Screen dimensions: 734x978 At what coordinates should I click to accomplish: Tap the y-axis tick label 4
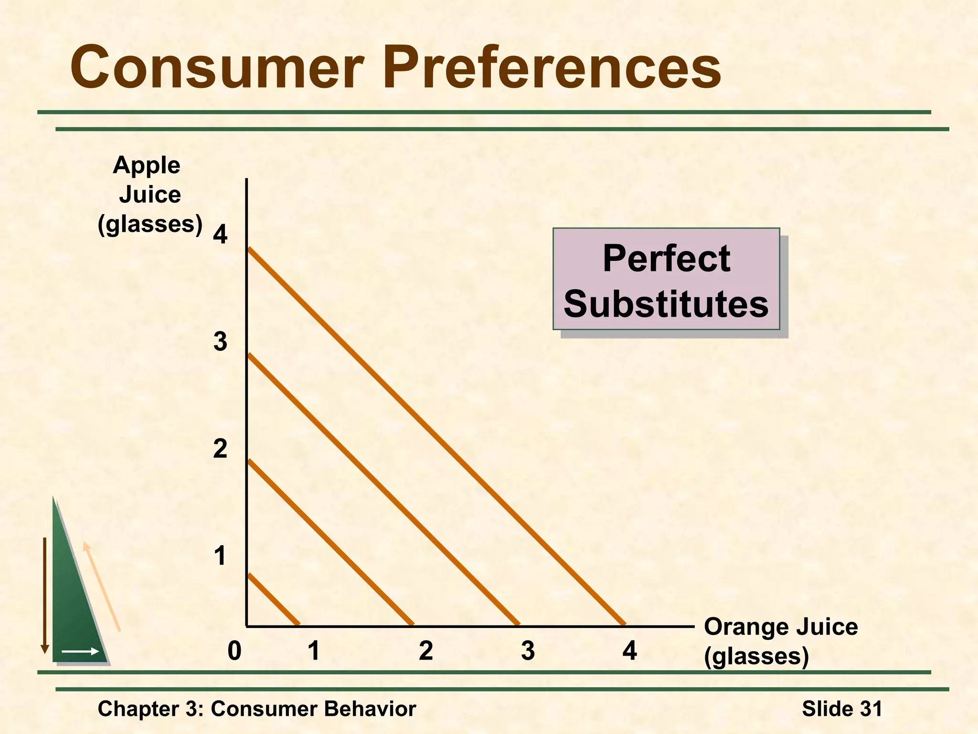220,235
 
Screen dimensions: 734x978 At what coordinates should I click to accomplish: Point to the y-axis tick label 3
220,342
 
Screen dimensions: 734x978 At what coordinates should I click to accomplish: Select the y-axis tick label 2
220,449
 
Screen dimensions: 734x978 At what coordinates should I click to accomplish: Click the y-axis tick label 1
220,556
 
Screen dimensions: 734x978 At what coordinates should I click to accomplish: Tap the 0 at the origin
234,651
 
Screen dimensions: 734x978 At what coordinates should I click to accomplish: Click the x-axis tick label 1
314,651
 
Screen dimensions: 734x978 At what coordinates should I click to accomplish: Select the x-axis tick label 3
528,651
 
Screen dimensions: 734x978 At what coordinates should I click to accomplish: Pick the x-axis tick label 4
629,651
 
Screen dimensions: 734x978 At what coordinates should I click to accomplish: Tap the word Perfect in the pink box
666,259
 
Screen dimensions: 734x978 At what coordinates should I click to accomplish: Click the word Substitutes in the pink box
666,304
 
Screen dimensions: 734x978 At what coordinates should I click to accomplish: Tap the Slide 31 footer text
842,709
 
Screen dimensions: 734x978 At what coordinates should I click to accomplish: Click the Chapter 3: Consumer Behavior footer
257,709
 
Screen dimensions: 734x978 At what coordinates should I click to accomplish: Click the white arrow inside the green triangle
80,651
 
